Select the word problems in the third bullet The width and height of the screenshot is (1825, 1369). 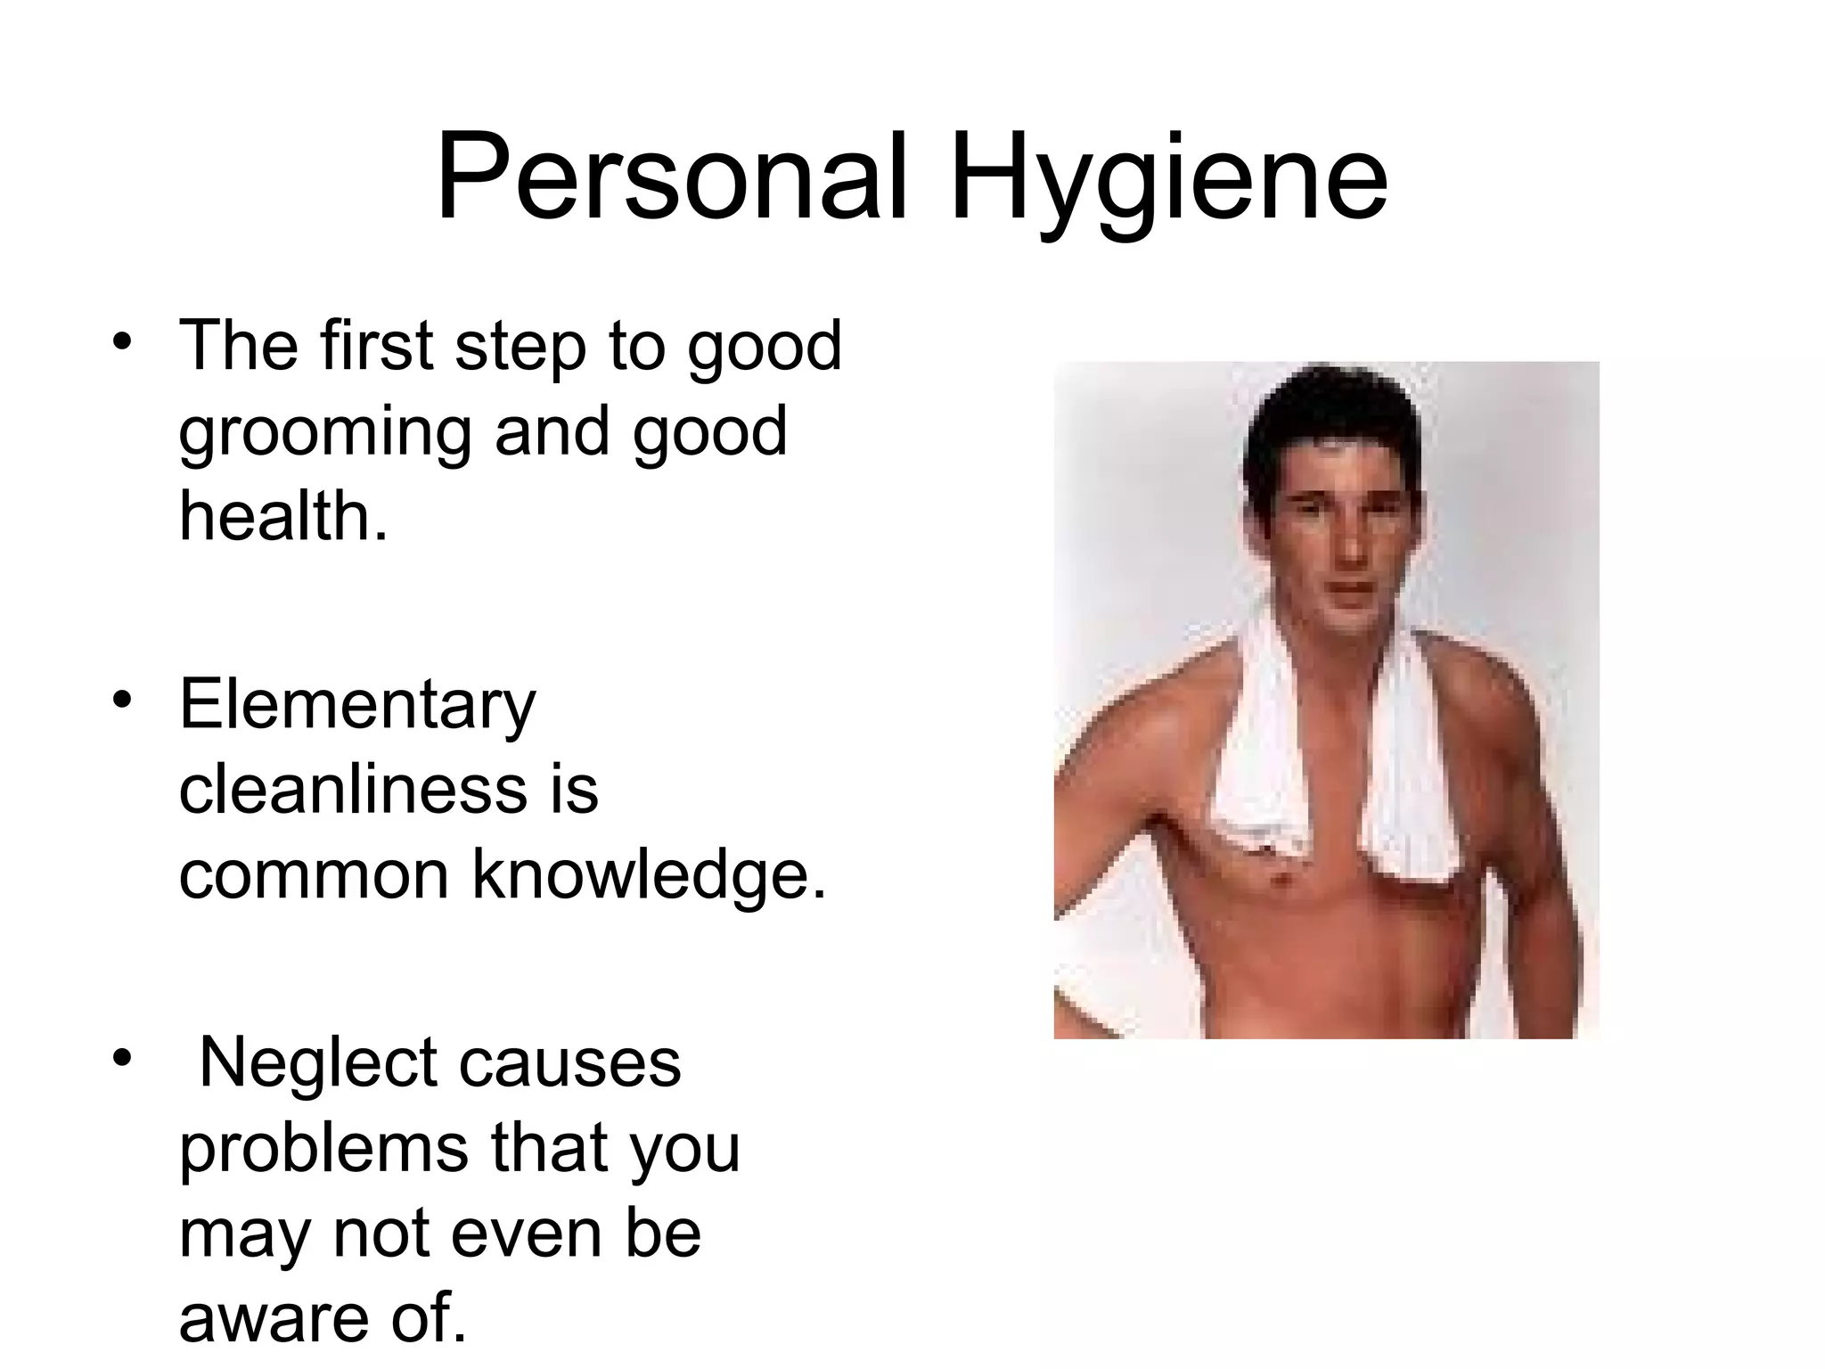point(323,1150)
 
